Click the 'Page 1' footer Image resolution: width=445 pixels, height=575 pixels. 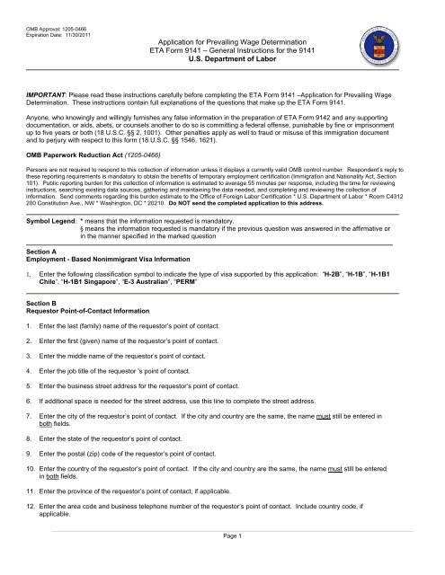pos(222,561)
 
